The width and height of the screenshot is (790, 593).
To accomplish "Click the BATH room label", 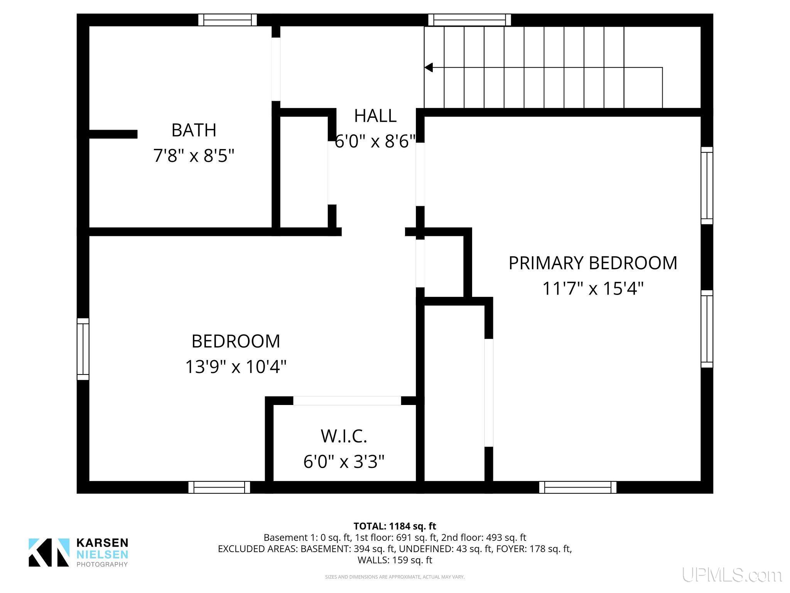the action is point(194,130).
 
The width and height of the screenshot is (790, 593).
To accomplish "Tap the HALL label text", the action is point(375,116).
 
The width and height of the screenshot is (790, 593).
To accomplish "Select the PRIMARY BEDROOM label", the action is point(593,263).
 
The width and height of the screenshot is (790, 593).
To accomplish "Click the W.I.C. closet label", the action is point(344,436).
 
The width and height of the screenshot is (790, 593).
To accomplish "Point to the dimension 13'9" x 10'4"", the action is point(236,366).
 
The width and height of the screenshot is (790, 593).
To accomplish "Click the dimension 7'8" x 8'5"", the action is point(194,156).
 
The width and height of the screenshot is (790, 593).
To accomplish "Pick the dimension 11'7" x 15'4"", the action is point(593,288).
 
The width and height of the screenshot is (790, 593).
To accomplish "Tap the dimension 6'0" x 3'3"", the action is point(344,461).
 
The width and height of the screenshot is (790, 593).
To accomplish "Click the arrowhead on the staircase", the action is point(429,68).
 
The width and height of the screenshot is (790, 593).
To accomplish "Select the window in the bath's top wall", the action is point(228,20).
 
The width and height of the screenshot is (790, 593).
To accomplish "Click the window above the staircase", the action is point(469,20).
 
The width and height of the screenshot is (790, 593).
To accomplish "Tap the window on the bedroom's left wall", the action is point(83,349).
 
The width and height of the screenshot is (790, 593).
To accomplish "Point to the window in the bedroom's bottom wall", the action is point(219,487).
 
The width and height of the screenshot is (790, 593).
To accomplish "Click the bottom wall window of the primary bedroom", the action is point(577,487).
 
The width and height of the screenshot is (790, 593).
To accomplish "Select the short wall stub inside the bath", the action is point(113,134).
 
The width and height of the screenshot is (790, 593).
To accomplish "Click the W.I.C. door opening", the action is point(347,401).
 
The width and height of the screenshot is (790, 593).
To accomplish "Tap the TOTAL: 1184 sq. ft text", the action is point(395,526).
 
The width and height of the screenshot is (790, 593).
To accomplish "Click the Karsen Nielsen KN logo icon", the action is point(49,552).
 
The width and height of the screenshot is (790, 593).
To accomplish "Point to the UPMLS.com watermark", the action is point(732,575).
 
